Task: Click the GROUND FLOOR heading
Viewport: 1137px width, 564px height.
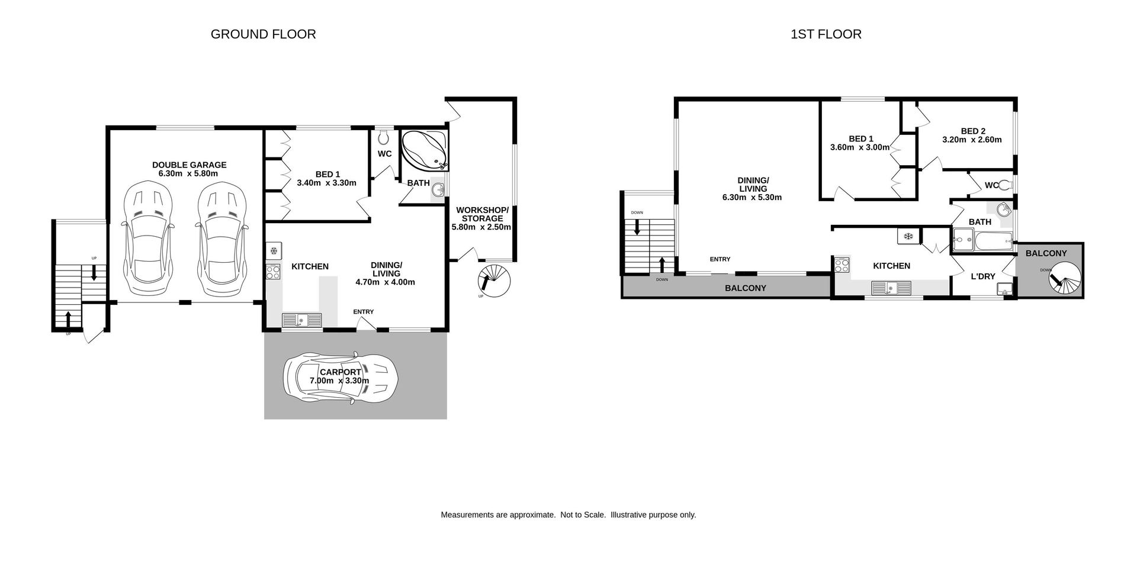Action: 263,34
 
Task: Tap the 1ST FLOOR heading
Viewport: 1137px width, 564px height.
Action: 826,34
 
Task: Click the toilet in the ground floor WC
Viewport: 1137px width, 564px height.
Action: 384,137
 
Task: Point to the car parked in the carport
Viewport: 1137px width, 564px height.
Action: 341,377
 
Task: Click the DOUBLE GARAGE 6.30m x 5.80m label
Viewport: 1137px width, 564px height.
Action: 189,169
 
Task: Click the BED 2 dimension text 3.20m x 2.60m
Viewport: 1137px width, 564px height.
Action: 972,140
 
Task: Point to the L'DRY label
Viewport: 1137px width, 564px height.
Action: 982,276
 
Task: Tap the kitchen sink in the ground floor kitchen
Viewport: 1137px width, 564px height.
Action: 301,320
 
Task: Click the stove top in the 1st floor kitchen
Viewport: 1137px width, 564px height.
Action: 841,265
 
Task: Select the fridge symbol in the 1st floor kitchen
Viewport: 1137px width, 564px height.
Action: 907,236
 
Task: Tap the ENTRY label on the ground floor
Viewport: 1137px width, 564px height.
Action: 363,312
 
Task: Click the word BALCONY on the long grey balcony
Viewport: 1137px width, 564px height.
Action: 745,288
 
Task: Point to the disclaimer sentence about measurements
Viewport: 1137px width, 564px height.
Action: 568,515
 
